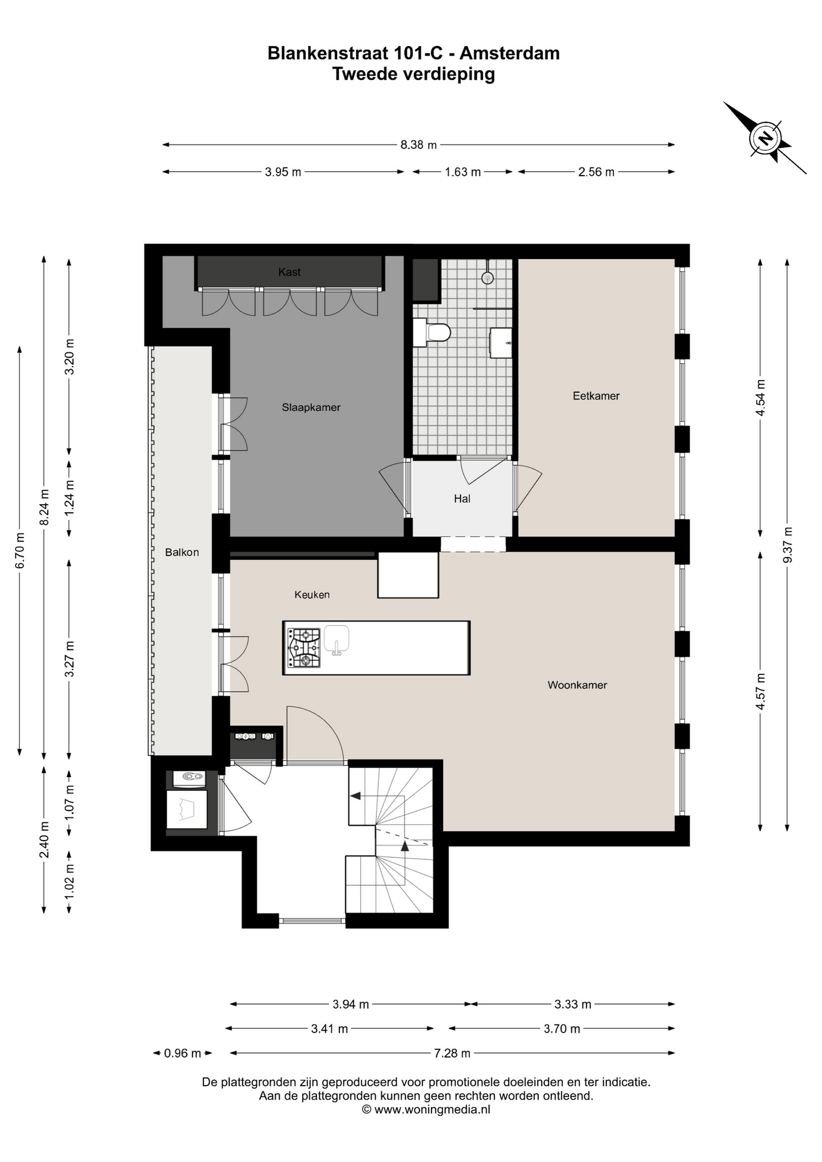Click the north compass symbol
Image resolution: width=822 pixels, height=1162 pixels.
point(766,138)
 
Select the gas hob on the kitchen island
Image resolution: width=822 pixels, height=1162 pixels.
point(304,648)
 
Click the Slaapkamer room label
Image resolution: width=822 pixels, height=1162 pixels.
point(311,407)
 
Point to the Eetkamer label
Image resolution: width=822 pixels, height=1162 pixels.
point(596,396)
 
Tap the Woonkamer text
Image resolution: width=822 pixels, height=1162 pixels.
point(577,685)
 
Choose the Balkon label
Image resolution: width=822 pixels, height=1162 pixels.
point(182,552)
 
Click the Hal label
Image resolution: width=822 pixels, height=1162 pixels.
point(462,499)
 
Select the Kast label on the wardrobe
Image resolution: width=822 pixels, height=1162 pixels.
point(289,272)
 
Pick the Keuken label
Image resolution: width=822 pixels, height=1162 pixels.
point(312,594)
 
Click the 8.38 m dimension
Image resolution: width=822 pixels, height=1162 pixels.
point(418,145)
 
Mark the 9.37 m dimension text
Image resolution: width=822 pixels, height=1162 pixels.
point(787,545)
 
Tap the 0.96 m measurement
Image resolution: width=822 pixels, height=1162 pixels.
point(182,1053)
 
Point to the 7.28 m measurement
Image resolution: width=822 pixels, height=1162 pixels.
point(452,1053)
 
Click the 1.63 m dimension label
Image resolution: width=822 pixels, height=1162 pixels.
point(462,172)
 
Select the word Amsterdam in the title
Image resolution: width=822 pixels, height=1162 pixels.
point(510,53)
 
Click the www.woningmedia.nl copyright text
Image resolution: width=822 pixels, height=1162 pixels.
point(426,1109)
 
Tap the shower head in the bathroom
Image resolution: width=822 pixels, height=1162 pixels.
point(487,277)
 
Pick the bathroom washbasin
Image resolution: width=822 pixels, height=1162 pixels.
point(501,343)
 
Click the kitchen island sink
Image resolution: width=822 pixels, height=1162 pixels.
point(337,640)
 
